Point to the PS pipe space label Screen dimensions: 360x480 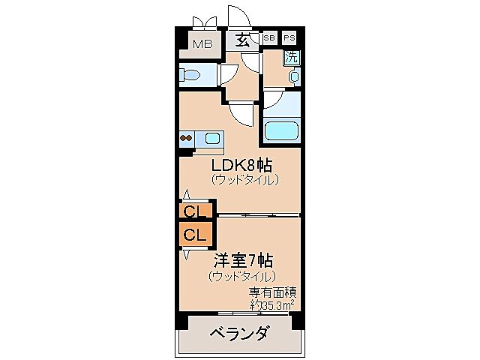click(289, 37)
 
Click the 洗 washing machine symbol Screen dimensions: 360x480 click(291, 57)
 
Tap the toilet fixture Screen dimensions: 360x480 click(192, 75)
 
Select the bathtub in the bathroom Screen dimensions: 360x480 click(281, 130)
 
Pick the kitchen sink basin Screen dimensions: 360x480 click(211, 138)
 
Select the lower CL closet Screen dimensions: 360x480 click(195, 234)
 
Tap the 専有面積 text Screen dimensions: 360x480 click(270, 292)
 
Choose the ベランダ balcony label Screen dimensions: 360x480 click(238, 333)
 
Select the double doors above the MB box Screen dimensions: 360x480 click(202, 21)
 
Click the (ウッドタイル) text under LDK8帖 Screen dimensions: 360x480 click(244, 180)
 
